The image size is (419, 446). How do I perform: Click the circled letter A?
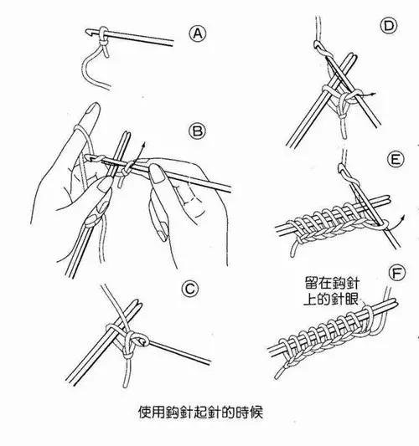tap(199, 33)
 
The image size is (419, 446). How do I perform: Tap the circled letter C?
tap(190, 290)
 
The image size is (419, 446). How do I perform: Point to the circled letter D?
tap(388, 28)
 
